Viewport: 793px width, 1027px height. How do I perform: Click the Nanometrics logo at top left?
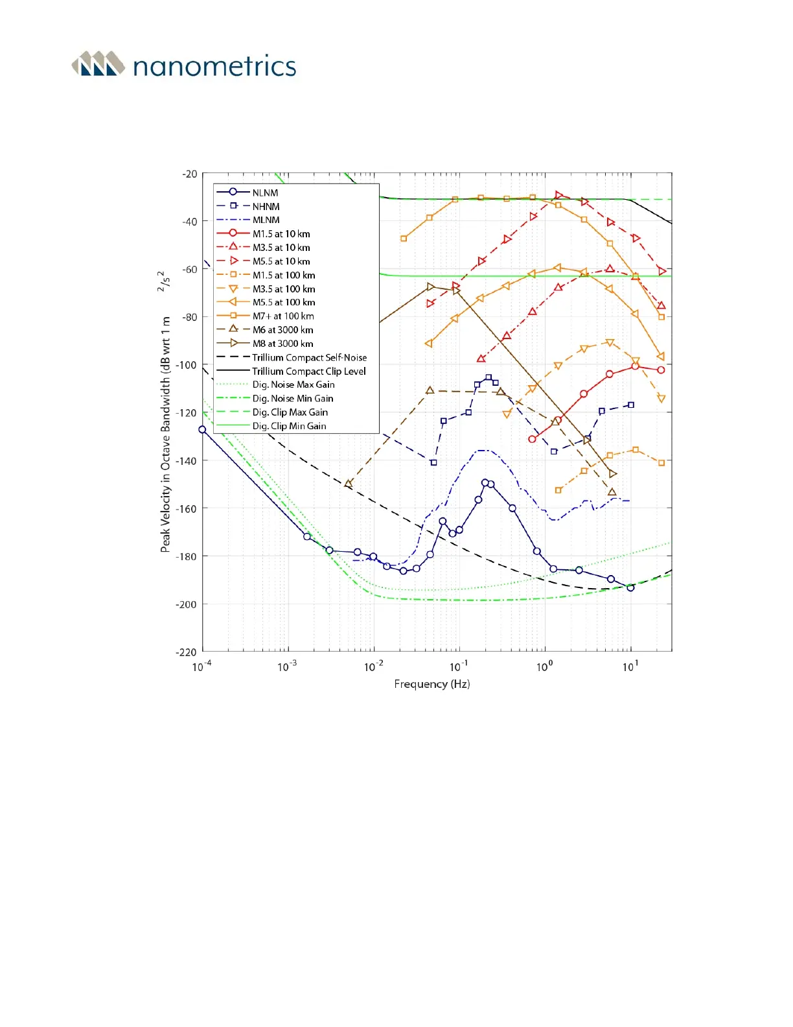pyautogui.click(x=184, y=65)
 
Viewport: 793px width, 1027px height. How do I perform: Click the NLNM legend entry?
pyautogui.click(x=265, y=193)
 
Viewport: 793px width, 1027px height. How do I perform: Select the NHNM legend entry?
pyautogui.click(x=266, y=206)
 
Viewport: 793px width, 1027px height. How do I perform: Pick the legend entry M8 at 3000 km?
pyautogui.click(x=282, y=344)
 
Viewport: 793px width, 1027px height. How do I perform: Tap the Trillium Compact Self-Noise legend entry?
pyautogui.click(x=309, y=357)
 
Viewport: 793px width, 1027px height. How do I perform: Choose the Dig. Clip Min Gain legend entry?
pyautogui.click(x=289, y=426)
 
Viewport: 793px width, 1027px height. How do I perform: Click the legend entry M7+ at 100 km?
pyautogui.click(x=283, y=316)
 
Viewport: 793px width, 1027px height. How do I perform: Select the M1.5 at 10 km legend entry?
pyautogui.click(x=281, y=234)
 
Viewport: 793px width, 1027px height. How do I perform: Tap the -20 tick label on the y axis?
pyautogui.click(x=189, y=174)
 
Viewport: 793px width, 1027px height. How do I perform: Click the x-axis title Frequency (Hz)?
pyautogui.click(x=431, y=684)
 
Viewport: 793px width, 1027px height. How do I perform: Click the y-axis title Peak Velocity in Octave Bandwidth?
pyautogui.click(x=165, y=434)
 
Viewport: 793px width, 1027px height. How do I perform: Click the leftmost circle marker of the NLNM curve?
pyautogui.click(x=202, y=429)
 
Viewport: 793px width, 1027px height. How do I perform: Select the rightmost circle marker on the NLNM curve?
pyautogui.click(x=630, y=587)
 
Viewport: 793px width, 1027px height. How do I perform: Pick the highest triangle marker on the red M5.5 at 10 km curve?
pyautogui.click(x=558, y=195)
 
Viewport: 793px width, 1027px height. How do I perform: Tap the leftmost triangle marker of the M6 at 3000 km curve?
pyautogui.click(x=348, y=483)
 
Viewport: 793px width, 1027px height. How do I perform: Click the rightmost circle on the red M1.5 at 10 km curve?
pyautogui.click(x=661, y=370)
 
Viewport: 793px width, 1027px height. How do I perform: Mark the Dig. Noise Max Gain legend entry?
pyautogui.click(x=293, y=384)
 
